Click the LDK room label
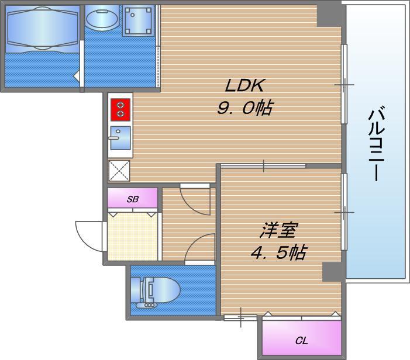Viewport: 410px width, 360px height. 244,85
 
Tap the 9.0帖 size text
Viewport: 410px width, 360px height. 245,108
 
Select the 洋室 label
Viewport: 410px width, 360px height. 278,230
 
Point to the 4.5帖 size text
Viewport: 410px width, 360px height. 279,252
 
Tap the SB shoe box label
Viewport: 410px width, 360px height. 133,199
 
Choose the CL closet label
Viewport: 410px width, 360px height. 301,340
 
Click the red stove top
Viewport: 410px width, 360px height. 120,110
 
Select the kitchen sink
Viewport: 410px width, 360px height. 120,138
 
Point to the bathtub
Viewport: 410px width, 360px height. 43,28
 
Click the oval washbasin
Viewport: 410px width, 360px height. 102,18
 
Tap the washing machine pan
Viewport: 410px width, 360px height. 138,20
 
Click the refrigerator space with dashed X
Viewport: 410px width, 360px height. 119,171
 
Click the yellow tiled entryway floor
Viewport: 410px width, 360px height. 133,237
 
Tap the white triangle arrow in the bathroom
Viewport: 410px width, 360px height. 77,77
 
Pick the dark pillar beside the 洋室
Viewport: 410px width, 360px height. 332,272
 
